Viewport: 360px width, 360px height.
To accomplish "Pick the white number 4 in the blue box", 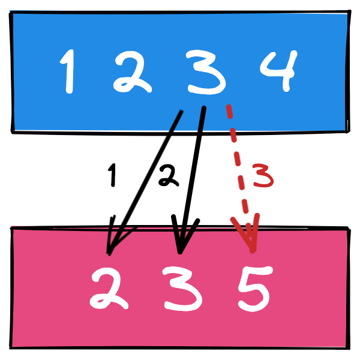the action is tap(277, 71).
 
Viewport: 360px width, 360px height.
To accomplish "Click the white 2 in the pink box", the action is tap(108, 289).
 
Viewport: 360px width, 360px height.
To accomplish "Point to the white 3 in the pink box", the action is tap(179, 290).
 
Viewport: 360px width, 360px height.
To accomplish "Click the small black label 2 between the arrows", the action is tap(168, 176).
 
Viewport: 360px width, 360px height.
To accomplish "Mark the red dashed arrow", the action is tap(240, 174).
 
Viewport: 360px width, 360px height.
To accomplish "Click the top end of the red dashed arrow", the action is tap(228, 107).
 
